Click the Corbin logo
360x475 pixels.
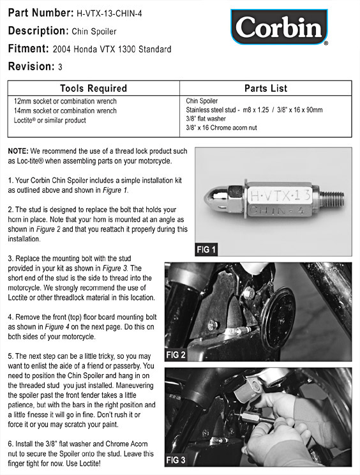pos(279,27)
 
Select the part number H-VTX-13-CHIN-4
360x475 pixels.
pos(109,13)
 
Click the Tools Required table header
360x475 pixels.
pos(93,88)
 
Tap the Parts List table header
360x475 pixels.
pos(266,88)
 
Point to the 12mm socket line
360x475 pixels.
pos(65,101)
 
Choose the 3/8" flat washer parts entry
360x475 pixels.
pos(206,119)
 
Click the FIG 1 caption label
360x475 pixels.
pos(206,250)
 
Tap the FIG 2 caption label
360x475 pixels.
pos(176,354)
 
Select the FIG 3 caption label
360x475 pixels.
pos(176,460)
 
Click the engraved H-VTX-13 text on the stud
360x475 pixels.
pos(280,196)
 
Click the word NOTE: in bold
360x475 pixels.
pos(18,151)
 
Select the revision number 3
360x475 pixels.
pos(60,66)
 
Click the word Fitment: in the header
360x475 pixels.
pos(29,49)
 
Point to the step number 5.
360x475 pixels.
pos(11,356)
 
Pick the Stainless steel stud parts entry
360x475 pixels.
pos(254,110)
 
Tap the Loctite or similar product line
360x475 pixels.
pos(50,120)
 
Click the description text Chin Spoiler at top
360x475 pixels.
pos(94,31)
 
